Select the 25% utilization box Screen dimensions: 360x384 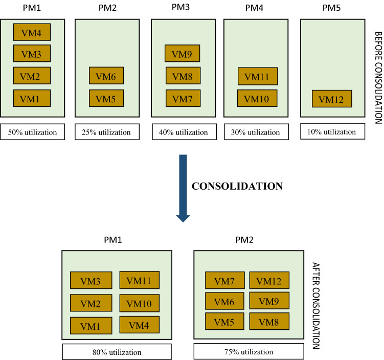(x=107, y=132)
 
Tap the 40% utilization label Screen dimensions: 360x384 (x=184, y=132)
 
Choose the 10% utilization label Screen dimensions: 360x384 (x=332, y=131)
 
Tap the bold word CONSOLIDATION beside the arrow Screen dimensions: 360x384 (x=237, y=187)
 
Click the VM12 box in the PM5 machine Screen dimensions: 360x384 (x=332, y=99)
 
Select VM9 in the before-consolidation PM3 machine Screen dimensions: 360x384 (x=182, y=53)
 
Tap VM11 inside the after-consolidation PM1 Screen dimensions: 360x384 (x=139, y=280)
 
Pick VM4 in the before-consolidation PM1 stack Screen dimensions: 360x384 (x=32, y=32)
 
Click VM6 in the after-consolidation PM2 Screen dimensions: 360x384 (x=224, y=302)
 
